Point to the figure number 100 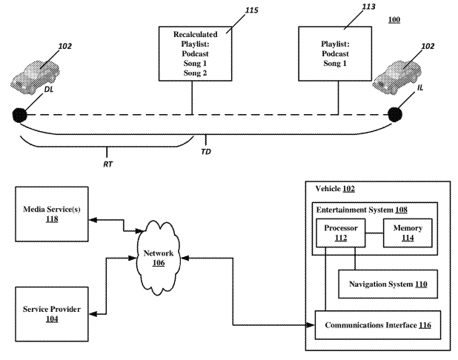tap(394, 19)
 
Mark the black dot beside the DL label tap(18, 115)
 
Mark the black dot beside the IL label tap(396, 115)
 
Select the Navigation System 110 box tap(383, 283)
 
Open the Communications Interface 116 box tap(379, 324)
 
